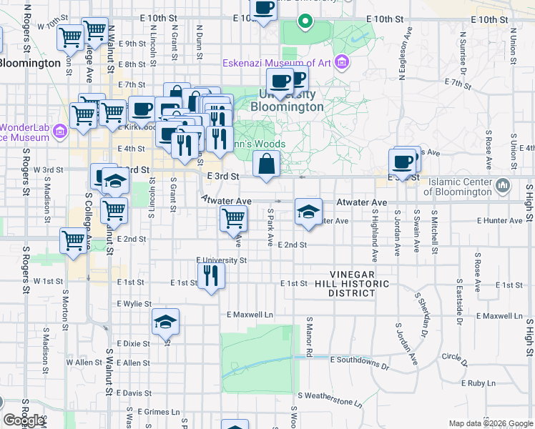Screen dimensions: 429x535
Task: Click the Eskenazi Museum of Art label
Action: point(278,63)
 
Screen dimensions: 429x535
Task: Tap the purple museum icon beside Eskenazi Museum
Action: point(342,63)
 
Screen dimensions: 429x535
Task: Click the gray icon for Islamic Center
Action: point(503,186)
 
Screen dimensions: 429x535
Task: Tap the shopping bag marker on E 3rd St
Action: point(266,164)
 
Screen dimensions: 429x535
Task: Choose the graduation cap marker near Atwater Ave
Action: point(308,212)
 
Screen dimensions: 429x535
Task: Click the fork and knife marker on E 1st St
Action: point(210,275)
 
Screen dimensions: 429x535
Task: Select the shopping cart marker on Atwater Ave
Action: point(233,217)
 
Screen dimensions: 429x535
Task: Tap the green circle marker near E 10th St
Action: point(305,21)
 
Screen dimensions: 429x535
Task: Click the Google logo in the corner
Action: point(23,420)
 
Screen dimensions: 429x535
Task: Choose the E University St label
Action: point(221,261)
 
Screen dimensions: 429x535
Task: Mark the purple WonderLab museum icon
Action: point(60,131)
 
